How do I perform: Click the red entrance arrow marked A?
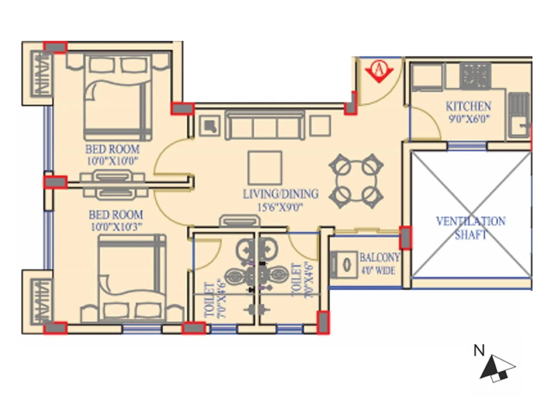click(x=379, y=71)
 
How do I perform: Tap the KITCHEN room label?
click(x=468, y=106)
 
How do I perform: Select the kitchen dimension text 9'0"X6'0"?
click(x=469, y=119)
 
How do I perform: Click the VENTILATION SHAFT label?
click(x=471, y=228)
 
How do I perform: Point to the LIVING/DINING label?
click(x=280, y=194)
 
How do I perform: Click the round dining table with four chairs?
click(x=356, y=181)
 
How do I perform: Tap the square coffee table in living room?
click(x=265, y=168)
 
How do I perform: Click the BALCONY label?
click(x=379, y=257)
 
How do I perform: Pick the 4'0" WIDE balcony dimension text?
click(x=378, y=270)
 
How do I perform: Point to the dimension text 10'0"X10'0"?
click(x=112, y=161)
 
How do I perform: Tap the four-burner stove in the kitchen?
click(x=476, y=76)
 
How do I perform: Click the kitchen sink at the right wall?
click(x=519, y=114)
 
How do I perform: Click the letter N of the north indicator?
click(x=479, y=350)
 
